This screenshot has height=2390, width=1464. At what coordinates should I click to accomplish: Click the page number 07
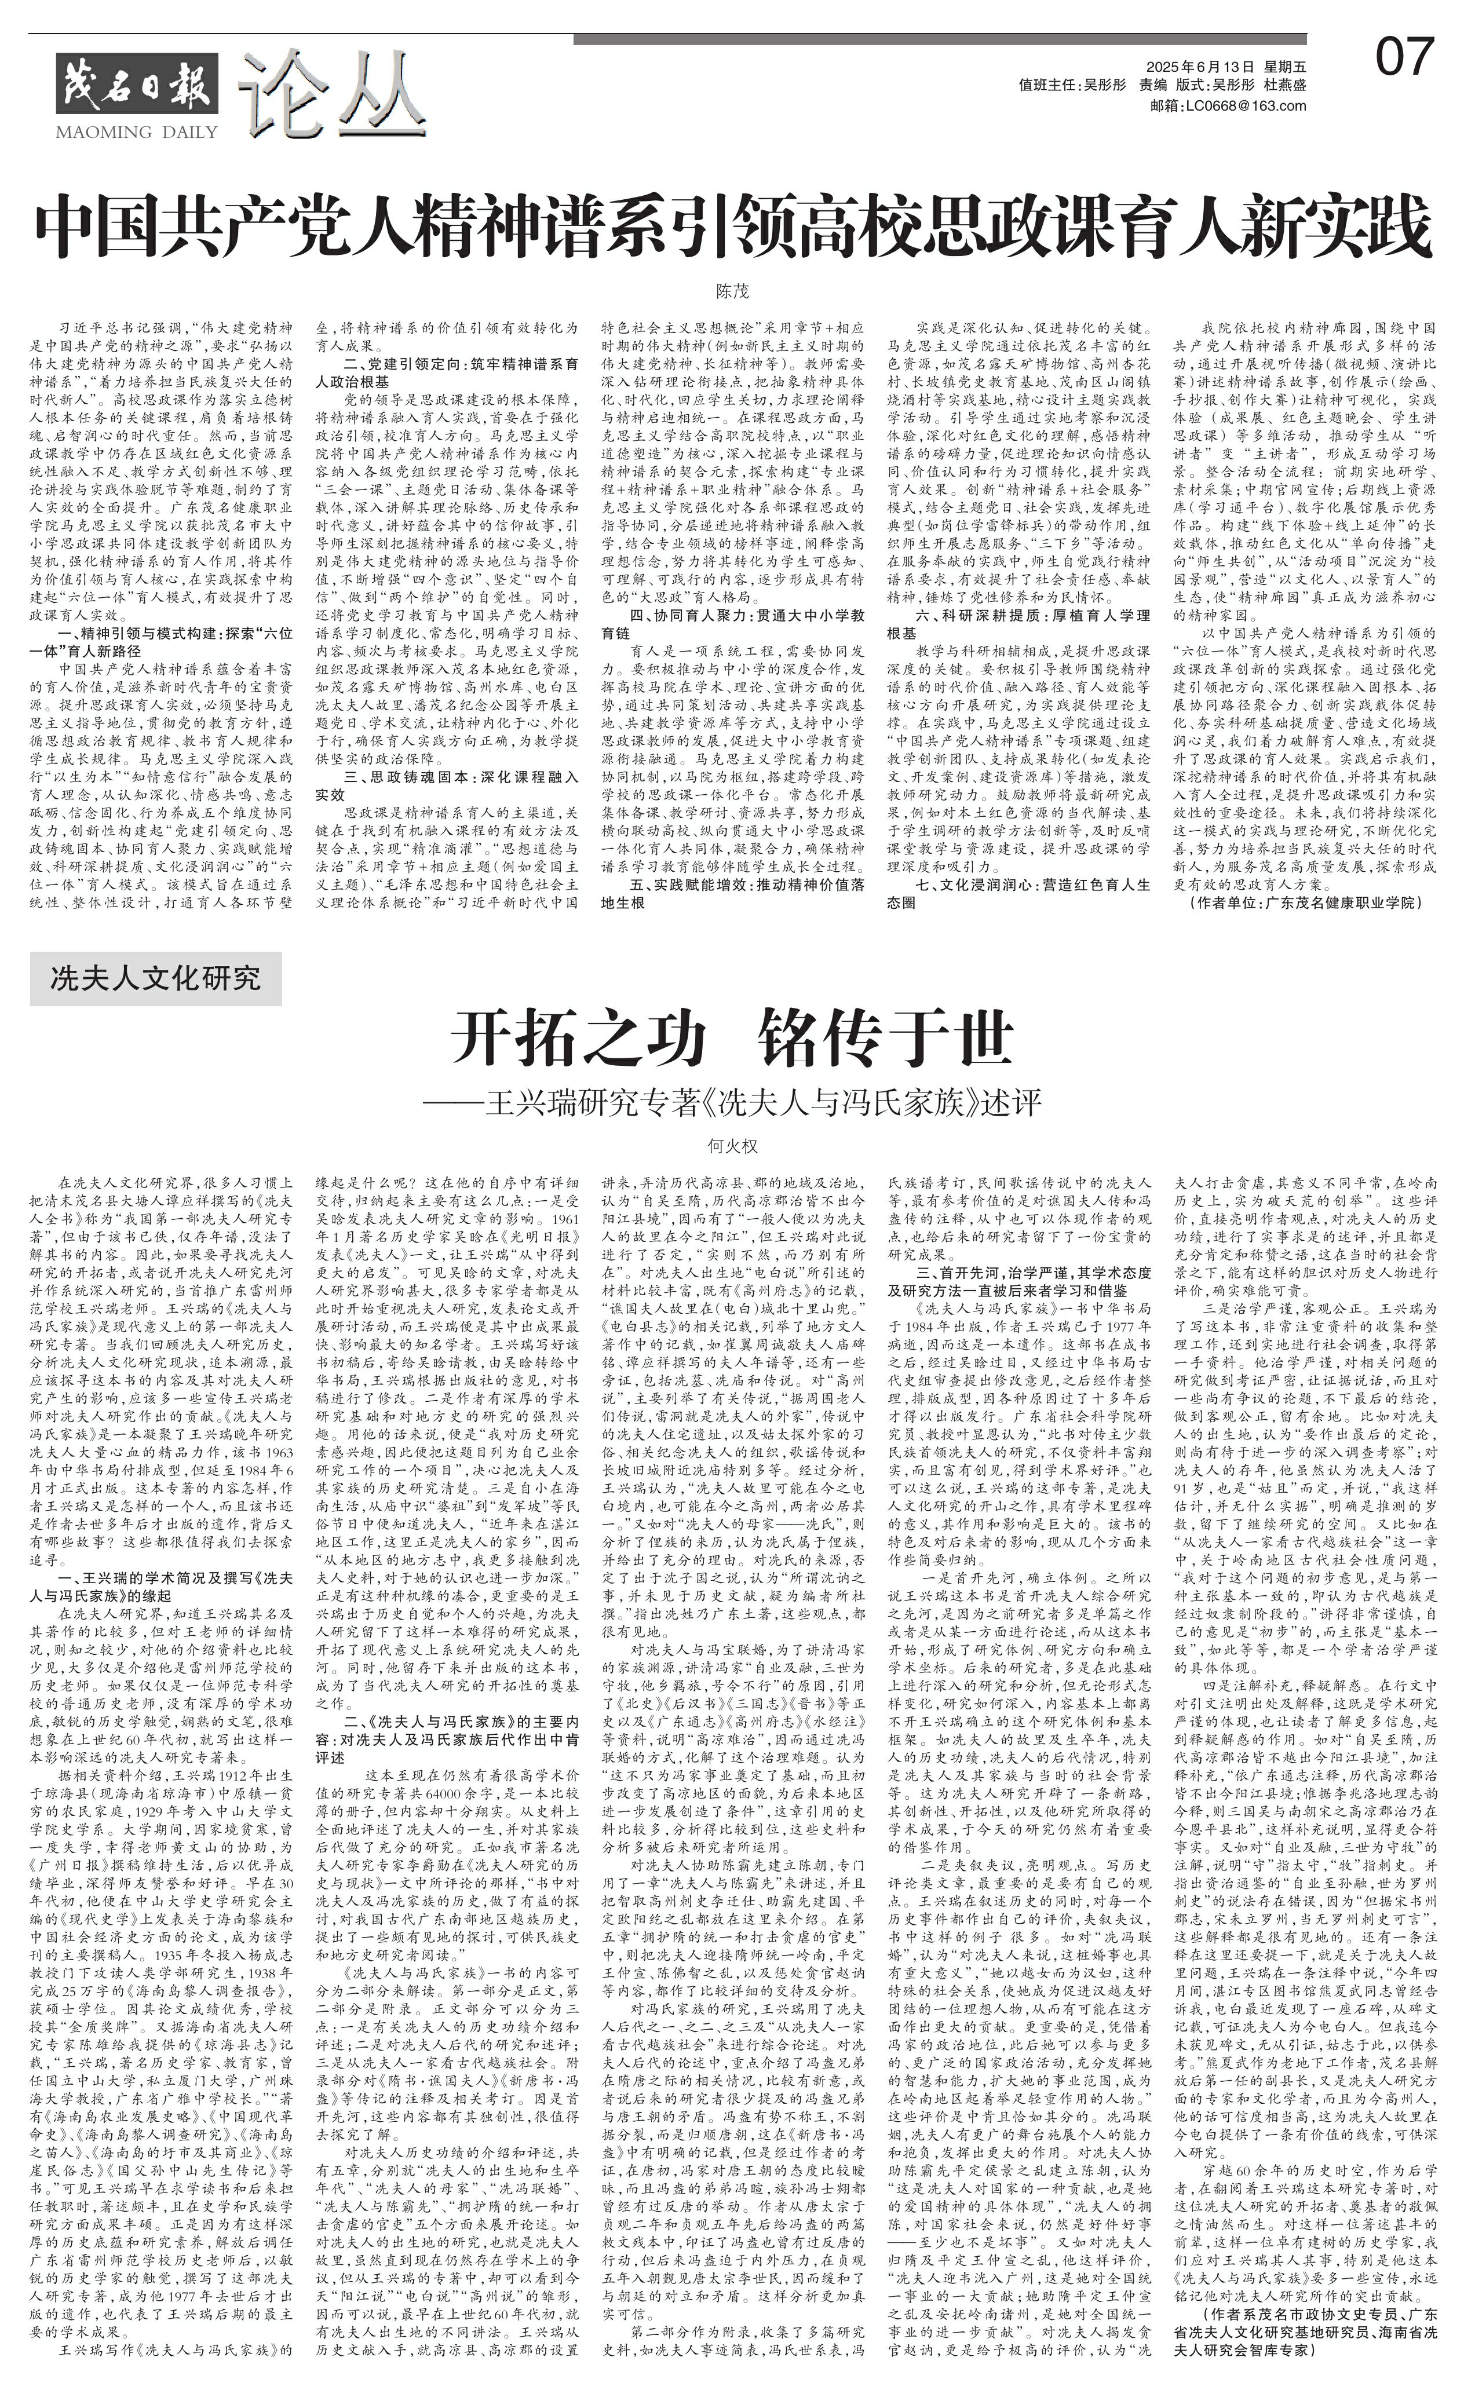pyautogui.click(x=1404, y=58)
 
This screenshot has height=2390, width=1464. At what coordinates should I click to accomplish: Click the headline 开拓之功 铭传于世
pyautogui.click(x=732, y=1040)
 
